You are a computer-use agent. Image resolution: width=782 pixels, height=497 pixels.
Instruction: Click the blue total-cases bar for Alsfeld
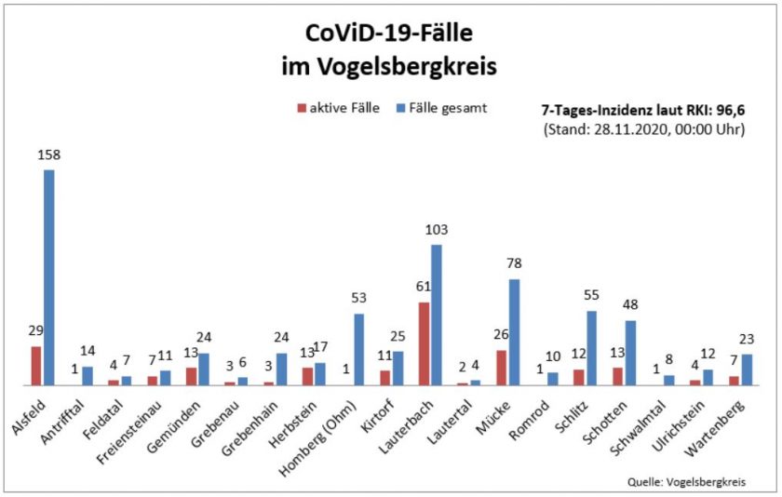48,276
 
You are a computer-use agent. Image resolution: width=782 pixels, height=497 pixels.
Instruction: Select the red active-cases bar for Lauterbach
425,343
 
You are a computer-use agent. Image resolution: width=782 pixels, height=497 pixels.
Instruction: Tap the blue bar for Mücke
514,331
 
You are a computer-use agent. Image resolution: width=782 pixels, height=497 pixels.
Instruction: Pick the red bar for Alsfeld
36,365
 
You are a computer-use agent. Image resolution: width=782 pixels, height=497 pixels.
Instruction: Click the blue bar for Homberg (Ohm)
359,349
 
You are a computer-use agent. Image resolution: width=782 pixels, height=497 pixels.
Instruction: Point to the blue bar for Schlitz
590,347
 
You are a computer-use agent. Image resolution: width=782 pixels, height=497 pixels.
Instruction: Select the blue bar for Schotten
629,352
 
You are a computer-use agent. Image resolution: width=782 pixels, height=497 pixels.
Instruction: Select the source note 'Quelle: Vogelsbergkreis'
687,481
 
